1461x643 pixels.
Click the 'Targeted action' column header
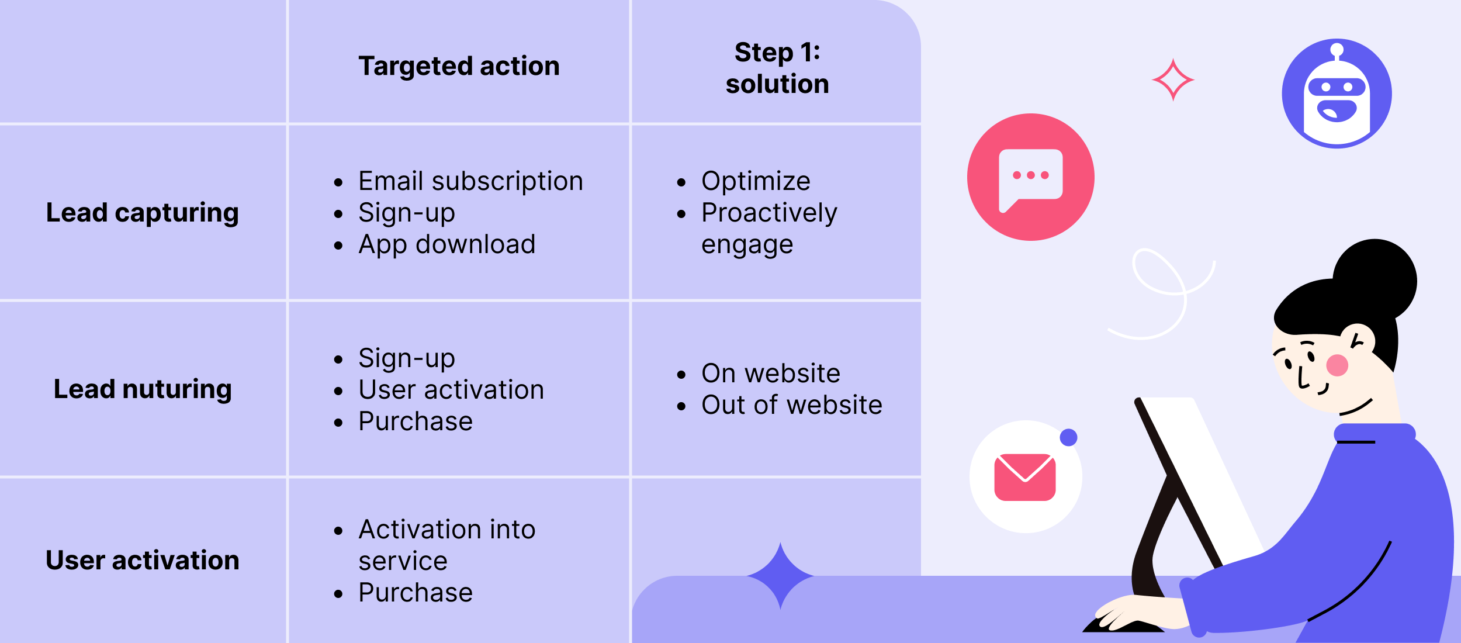[x=459, y=66]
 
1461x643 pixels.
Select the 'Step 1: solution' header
[x=777, y=68]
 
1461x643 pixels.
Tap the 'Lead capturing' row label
[x=143, y=213]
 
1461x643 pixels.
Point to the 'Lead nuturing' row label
[x=143, y=389]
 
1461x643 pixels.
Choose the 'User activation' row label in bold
[x=143, y=560]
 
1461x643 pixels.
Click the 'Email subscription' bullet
[x=470, y=181]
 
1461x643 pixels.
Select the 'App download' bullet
[x=446, y=244]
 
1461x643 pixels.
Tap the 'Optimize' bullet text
[x=756, y=181]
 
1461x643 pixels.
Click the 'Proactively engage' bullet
[x=768, y=229]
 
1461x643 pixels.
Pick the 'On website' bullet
[x=770, y=374]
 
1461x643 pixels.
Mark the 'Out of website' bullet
[x=791, y=405]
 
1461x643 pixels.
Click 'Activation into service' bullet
[x=446, y=545]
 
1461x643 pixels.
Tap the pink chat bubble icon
[x=1030, y=177]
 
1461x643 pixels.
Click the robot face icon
[x=1337, y=94]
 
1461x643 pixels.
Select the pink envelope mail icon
[x=1025, y=477]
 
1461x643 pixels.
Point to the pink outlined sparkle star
[x=1173, y=79]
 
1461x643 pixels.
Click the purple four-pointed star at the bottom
[x=780, y=576]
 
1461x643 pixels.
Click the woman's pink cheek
[x=1337, y=365]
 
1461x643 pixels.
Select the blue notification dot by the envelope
[x=1069, y=437]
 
